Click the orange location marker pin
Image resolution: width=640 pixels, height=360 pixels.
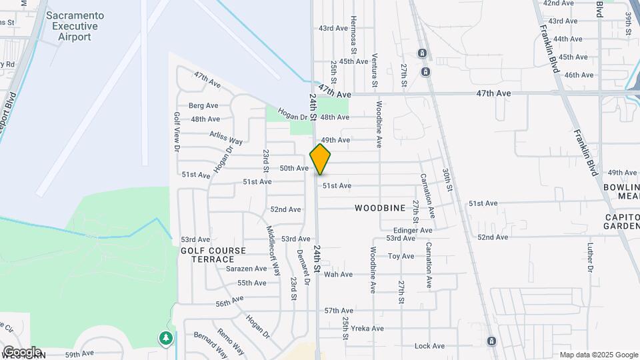tap(321, 159)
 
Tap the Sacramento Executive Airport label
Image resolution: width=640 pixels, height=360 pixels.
tap(74, 26)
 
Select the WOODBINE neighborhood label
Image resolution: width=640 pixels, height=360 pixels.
tap(380, 208)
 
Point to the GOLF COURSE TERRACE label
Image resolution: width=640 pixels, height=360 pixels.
tap(213, 255)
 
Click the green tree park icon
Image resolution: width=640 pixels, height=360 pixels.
tap(165, 339)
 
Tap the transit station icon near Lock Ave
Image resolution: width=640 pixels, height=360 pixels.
tap(491, 341)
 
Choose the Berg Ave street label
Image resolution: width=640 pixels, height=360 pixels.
tap(203, 105)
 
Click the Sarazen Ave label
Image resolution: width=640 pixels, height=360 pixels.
tap(246, 269)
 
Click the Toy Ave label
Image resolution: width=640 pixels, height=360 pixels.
tap(401, 256)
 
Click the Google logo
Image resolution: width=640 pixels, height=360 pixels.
tap(21, 351)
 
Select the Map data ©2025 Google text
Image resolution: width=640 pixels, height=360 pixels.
tap(598, 355)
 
